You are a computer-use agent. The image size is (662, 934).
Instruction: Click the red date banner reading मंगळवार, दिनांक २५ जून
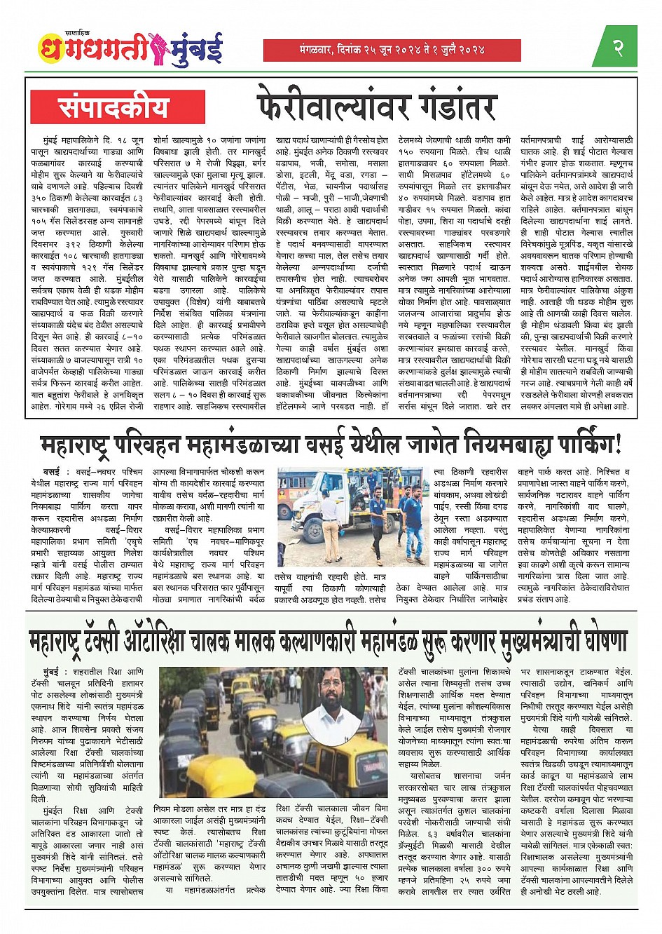[392, 50]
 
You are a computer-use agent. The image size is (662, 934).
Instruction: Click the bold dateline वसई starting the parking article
[51, 472]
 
